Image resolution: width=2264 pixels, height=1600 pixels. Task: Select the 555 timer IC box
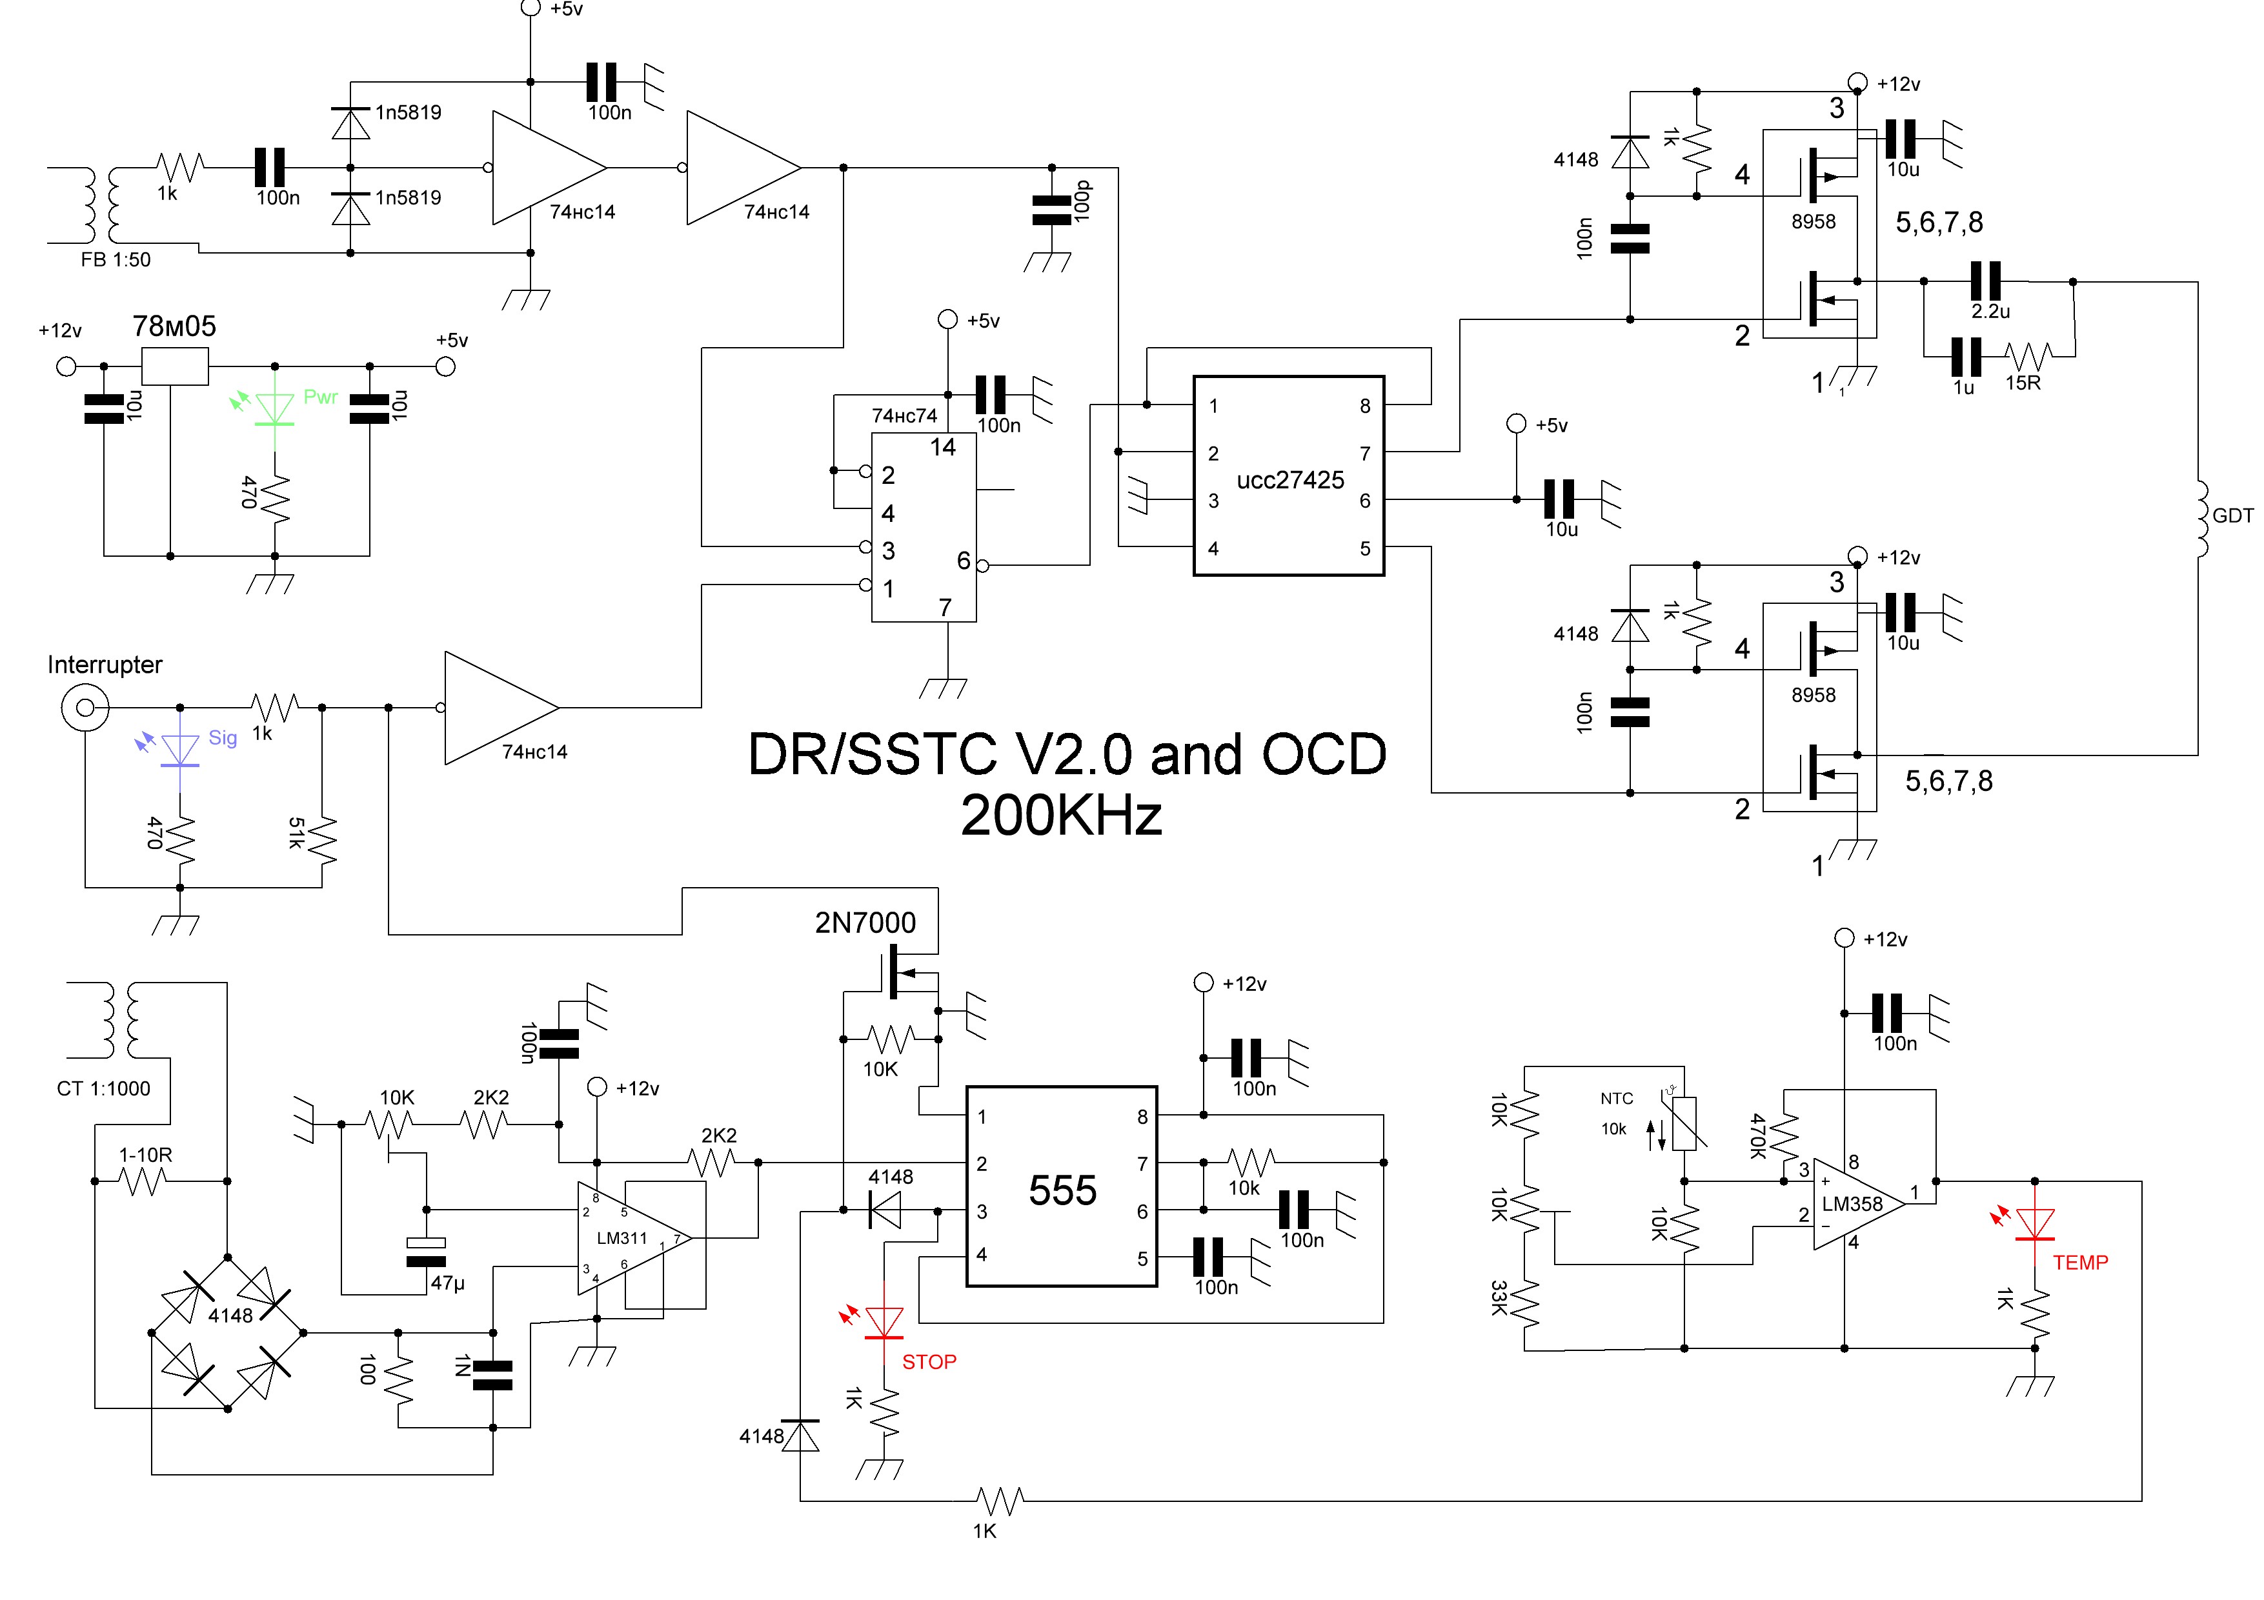pos(1061,1187)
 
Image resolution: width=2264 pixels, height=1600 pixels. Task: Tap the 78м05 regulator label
pos(174,326)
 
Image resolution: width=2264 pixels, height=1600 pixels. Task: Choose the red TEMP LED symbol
pos(2034,1223)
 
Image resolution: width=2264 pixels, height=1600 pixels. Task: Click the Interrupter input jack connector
pos(85,707)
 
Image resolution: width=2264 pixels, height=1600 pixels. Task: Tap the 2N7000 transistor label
pos(865,923)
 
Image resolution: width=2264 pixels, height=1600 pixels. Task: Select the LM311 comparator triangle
pos(631,1238)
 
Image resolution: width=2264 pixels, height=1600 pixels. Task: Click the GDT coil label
pos(2232,515)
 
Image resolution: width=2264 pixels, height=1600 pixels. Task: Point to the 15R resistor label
pos(2023,383)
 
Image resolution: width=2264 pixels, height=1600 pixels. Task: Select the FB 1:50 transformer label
pos(116,260)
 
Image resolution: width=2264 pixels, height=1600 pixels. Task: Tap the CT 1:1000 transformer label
pos(103,1088)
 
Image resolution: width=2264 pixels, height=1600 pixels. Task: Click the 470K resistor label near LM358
pos(1757,1135)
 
